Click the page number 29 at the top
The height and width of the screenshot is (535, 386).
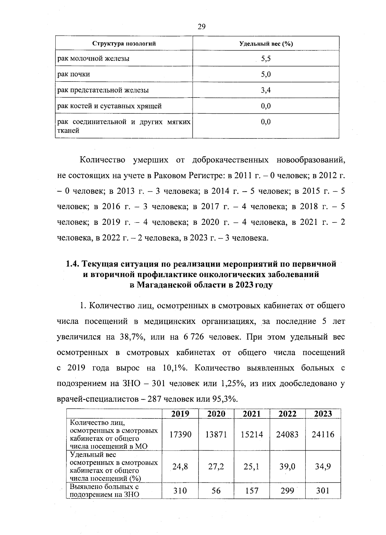coord(201,27)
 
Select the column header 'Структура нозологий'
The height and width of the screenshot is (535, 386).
coord(124,44)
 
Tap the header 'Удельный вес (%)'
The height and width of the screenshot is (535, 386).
coord(266,44)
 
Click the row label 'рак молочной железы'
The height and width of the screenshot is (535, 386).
coord(93,59)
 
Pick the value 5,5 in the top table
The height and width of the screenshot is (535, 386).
coord(266,59)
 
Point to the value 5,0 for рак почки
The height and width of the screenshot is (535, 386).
coord(266,74)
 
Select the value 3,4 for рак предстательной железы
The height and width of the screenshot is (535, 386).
coord(266,90)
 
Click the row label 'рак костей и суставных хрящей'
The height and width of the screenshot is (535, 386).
coord(109,106)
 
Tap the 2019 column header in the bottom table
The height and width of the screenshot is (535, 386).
coord(180,414)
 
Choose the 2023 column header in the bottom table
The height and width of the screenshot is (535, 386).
coord(323,414)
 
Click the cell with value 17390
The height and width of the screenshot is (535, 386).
coord(180,435)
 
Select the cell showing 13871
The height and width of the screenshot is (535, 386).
coord(216,435)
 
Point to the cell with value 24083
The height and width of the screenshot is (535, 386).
coord(287,435)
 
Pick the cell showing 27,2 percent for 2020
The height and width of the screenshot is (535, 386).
coord(216,466)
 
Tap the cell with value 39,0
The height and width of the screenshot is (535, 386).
coord(287,466)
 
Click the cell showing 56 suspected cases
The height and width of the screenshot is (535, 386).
coord(216,491)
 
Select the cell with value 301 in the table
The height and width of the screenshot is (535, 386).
coord(323,491)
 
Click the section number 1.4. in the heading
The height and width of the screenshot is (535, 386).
coord(73,264)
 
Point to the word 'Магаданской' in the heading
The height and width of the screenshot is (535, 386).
coord(162,285)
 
